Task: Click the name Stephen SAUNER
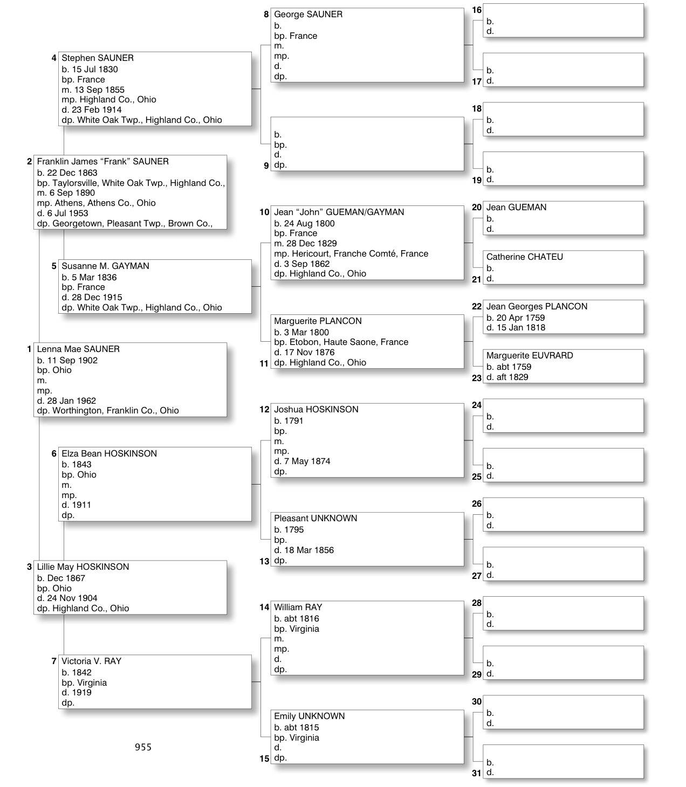tap(98, 58)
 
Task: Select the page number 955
tap(143, 747)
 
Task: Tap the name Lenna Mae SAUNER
tap(78, 349)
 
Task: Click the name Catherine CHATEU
tap(524, 257)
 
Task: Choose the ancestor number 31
tap(477, 773)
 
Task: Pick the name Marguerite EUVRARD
tap(530, 356)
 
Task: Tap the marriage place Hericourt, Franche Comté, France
tap(359, 254)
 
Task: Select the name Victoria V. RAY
tap(91, 661)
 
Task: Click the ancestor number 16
tap(477, 10)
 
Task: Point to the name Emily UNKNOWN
tap(309, 716)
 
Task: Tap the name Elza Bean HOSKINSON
tap(109, 454)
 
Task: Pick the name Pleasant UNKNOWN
tap(315, 519)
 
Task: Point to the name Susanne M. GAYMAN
tap(105, 266)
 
